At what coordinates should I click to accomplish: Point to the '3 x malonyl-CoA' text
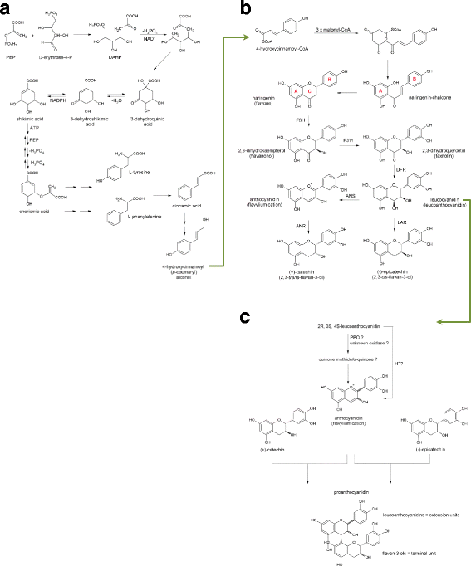coord(330,30)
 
